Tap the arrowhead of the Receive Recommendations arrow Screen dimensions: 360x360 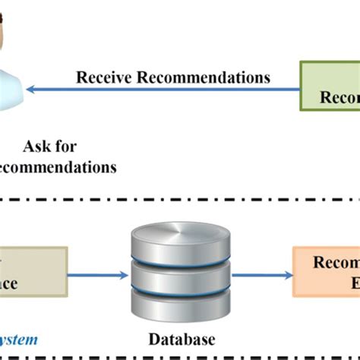point(30,90)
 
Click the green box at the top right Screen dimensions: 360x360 point(330,87)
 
